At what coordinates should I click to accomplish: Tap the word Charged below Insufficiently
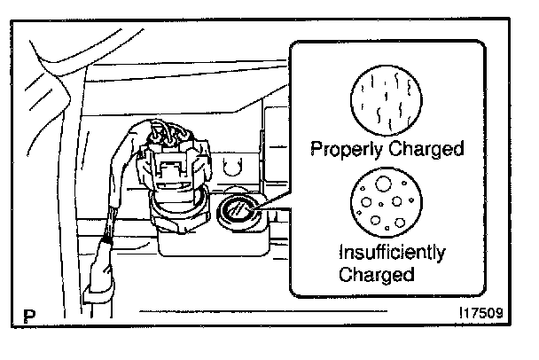(x=376, y=274)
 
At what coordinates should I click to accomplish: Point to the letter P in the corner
(x=31, y=313)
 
